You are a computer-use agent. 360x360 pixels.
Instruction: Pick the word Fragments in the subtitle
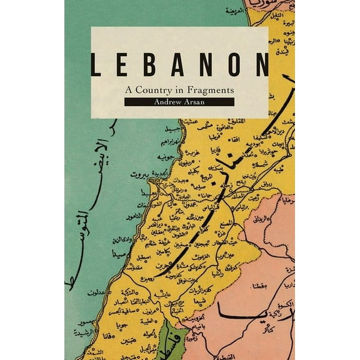[x=209, y=89]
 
